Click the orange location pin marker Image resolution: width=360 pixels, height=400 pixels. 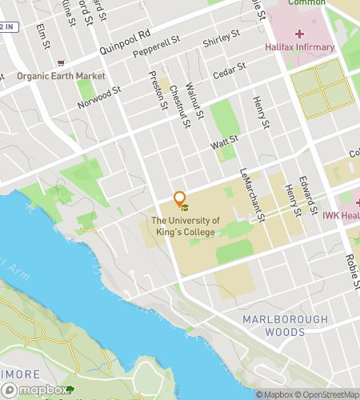pos(180,199)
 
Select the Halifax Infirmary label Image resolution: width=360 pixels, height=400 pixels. pos(300,47)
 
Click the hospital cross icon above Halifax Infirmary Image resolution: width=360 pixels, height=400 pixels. pos(300,34)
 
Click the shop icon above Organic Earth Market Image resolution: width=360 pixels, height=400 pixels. pos(59,63)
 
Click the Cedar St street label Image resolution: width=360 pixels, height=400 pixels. pos(227,74)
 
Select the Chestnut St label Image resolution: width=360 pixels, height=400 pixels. pos(181,106)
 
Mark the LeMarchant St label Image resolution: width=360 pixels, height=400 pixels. pos(252,189)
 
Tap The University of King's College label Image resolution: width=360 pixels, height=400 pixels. pos(186,226)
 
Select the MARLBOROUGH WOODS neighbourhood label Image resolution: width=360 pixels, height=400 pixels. pos(286,326)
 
